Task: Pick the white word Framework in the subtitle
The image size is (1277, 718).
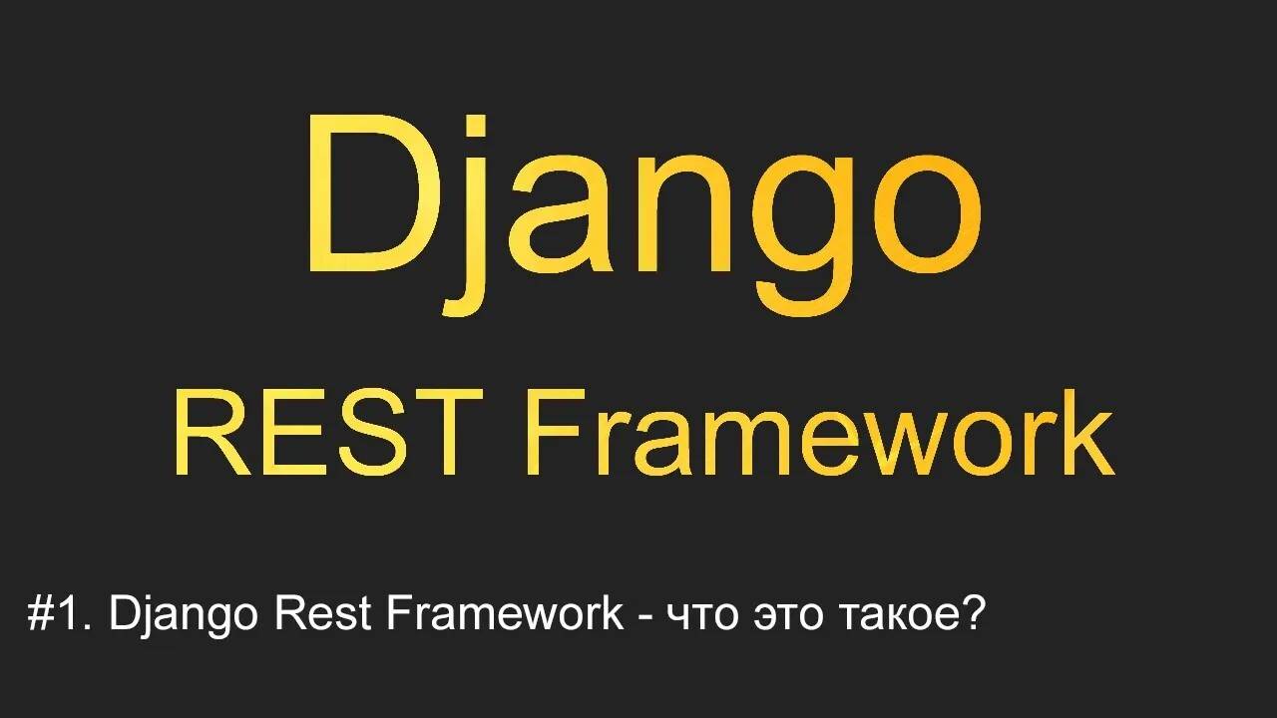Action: click(504, 614)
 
